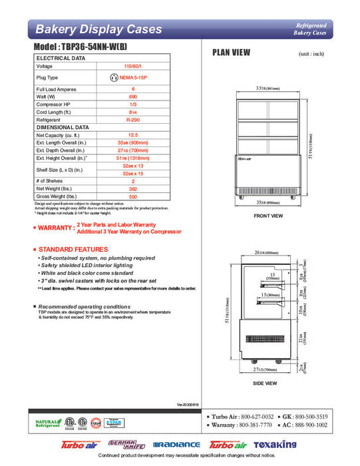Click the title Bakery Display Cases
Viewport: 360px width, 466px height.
click(x=98, y=29)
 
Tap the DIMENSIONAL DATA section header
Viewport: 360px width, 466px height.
click(x=63, y=126)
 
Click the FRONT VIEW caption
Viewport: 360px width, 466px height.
click(x=268, y=216)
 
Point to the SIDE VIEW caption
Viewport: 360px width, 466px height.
click(x=266, y=383)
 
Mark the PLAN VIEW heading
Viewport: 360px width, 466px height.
click(x=231, y=53)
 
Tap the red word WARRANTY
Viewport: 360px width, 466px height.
click(x=56, y=228)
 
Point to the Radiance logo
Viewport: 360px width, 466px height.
click(x=176, y=444)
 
